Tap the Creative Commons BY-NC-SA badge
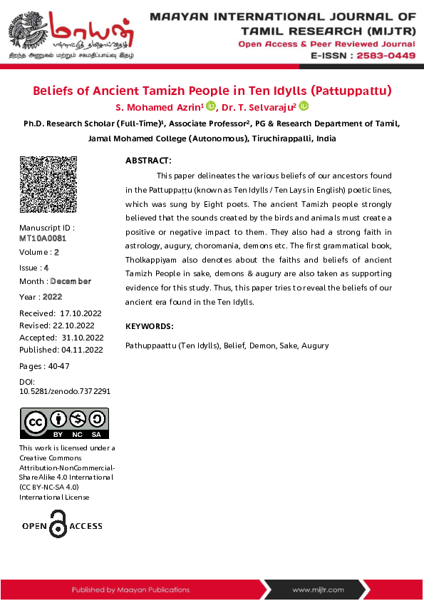[x=63, y=423]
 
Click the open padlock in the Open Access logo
[x=58, y=526]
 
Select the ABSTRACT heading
[x=148, y=161]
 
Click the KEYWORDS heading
[x=149, y=326]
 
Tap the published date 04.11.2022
[x=82, y=350]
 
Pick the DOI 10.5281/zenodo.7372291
[x=64, y=391]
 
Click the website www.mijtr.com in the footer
[x=318, y=590]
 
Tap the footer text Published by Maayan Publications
[x=130, y=590]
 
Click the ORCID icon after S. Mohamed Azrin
[x=211, y=106]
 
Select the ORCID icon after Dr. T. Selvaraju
[x=304, y=106]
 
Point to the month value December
[x=71, y=281]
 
